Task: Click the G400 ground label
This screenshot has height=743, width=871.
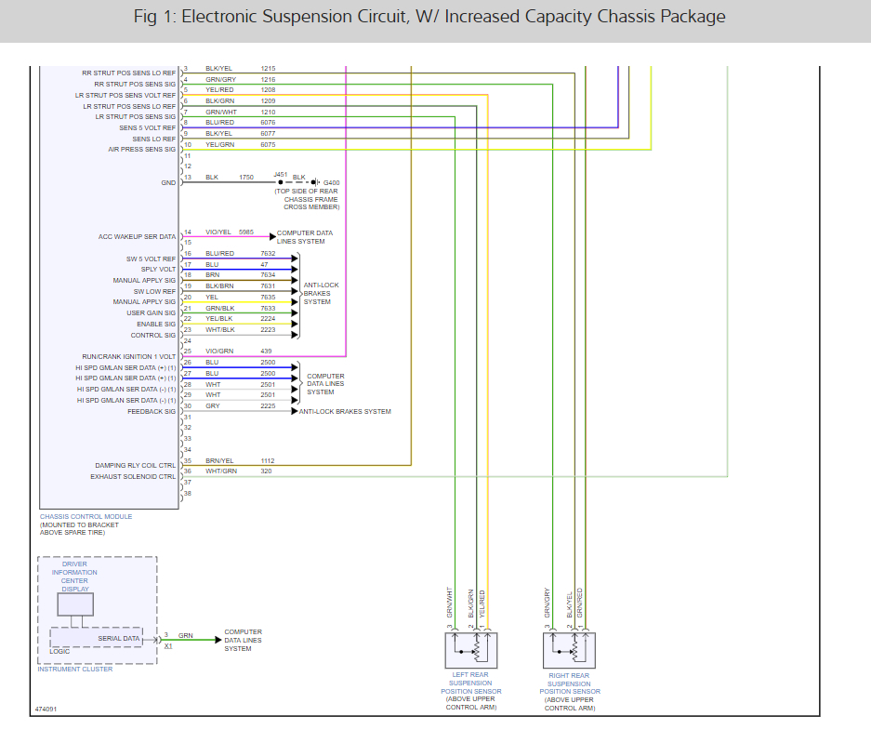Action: tap(332, 182)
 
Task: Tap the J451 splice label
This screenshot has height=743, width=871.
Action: tap(281, 174)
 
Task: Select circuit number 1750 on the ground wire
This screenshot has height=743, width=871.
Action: tap(246, 177)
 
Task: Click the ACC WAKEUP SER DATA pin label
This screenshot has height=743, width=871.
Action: tap(137, 237)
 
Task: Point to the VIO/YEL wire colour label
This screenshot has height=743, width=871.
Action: tap(218, 232)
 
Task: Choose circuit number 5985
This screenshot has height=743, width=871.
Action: tap(246, 232)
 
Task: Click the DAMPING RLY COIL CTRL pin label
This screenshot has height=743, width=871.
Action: tap(135, 466)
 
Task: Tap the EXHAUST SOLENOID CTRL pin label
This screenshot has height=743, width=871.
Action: tap(133, 476)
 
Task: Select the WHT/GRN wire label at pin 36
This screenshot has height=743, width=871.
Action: tap(220, 471)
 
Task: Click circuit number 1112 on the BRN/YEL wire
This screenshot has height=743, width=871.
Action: tap(268, 460)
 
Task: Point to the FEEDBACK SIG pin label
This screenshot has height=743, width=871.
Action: tap(152, 411)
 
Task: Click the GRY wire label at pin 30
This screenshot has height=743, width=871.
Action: tap(213, 405)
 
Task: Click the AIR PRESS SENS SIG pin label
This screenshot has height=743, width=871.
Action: tap(141, 150)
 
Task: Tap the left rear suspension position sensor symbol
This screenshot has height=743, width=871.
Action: tap(471, 649)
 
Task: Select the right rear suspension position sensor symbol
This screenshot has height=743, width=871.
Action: tap(569, 649)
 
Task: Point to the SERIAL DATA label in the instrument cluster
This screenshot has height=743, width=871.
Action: tap(119, 639)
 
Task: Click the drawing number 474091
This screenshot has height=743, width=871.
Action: tap(46, 709)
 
